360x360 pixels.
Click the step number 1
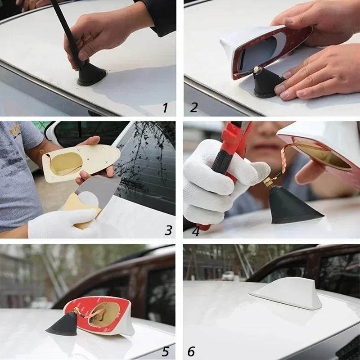165,108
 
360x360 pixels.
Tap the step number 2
194,108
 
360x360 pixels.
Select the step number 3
168,230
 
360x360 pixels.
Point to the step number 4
195,230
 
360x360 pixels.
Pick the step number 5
165,351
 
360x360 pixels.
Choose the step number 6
191,351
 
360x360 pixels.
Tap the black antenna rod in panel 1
67,31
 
